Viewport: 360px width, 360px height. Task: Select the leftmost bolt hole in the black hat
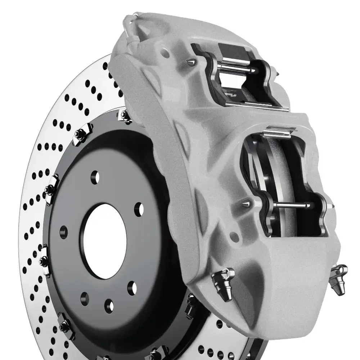[64, 232]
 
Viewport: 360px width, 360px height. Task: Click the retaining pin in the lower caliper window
[292, 205]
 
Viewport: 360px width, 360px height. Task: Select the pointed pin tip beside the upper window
[189, 63]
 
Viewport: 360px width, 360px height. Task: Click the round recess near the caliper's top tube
[165, 54]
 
